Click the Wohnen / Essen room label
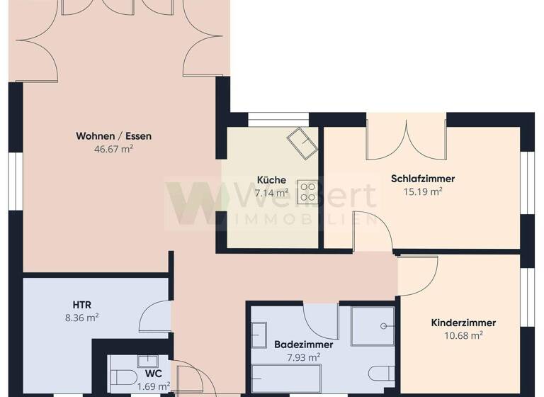pos(113,136)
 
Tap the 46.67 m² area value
pos(113,150)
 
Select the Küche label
pos(272,180)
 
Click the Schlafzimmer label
pos(423,179)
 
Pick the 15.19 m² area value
pos(423,191)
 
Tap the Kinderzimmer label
pos(463,323)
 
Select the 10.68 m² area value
pos(463,335)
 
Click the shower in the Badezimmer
pos(373,326)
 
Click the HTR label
pos(81,305)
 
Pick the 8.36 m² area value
pos(81,318)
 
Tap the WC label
pos(154,373)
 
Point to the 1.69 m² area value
pos(154,386)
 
